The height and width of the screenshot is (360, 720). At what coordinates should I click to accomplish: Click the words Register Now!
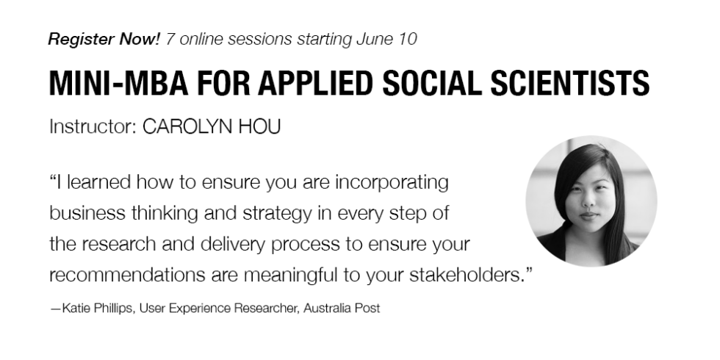click(x=104, y=40)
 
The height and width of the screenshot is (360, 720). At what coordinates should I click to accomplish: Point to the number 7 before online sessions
click(x=170, y=39)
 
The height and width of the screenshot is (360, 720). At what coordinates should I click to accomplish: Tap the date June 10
click(x=386, y=39)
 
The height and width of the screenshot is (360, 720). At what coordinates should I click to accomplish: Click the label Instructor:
click(x=93, y=126)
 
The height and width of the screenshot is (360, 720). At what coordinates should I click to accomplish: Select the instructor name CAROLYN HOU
click(x=212, y=126)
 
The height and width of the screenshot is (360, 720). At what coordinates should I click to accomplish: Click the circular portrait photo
click(x=591, y=201)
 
